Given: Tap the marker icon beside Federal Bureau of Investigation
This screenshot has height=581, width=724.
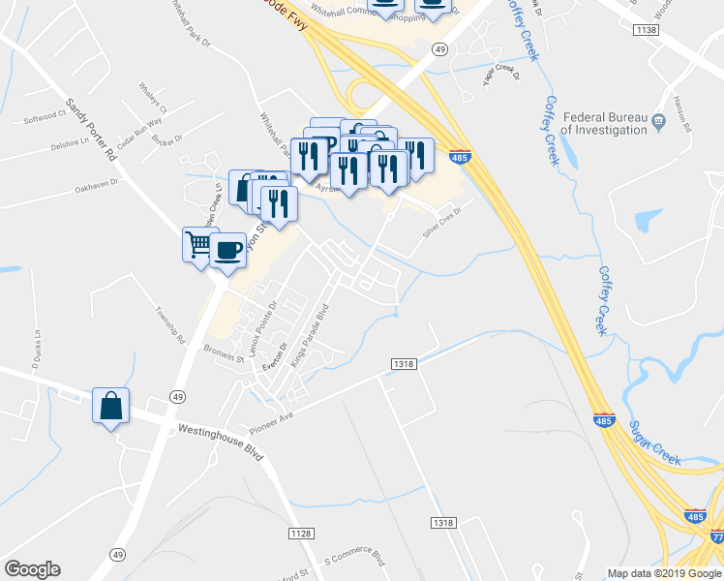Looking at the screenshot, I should coord(659,122).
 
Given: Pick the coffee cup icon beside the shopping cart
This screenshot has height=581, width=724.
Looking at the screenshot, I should coord(227,251).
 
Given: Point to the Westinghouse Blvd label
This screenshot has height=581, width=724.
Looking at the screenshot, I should coord(221,440).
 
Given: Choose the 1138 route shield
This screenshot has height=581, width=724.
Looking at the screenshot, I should coord(646,31).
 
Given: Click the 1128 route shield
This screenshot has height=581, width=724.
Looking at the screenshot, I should coord(300,534).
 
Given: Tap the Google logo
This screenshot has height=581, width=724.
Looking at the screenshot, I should coord(32,569).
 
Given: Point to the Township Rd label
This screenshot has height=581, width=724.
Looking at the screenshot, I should coord(170,325).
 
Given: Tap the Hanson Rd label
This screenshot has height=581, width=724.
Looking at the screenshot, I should coord(682,114).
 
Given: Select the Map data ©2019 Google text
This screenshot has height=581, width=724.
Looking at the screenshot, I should coord(663,572).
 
